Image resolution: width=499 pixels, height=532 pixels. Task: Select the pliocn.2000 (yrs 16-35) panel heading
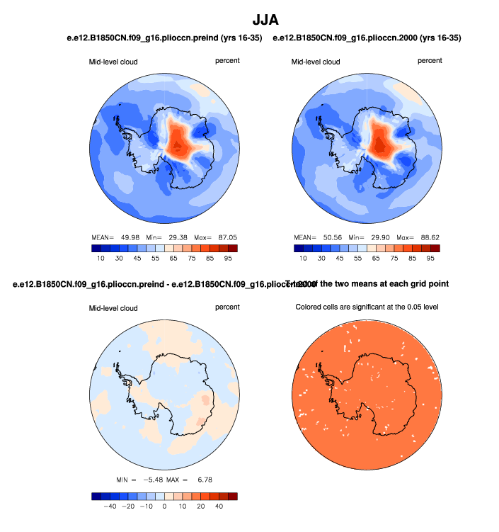372,38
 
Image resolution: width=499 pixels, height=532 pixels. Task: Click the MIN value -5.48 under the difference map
154,480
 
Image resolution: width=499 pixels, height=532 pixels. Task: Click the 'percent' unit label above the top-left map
227,61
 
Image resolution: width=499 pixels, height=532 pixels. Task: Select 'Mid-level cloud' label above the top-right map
316,62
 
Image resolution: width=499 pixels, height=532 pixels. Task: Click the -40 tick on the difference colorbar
110,506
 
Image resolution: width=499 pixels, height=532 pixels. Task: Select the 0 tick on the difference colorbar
165,506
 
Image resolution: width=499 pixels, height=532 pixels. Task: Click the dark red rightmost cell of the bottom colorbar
232,496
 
